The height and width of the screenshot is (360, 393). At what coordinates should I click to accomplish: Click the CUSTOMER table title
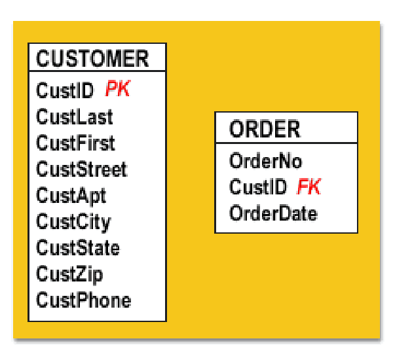tap(92, 59)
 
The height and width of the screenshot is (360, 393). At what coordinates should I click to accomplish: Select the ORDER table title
tap(265, 129)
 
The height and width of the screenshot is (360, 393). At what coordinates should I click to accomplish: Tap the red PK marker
tap(118, 88)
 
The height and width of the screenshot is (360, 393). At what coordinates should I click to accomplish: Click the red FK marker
tap(309, 187)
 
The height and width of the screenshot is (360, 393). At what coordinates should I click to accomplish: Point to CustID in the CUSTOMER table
tap(65, 90)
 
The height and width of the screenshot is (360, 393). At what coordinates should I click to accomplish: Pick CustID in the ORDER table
tap(258, 187)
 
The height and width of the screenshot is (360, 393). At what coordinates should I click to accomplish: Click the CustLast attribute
tap(75, 117)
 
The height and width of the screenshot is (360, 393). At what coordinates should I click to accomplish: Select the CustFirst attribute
tap(75, 143)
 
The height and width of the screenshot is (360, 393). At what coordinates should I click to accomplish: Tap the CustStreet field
tap(82, 169)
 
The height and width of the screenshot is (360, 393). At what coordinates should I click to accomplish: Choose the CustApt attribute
tap(71, 196)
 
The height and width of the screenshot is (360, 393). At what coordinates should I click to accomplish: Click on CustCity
tap(73, 223)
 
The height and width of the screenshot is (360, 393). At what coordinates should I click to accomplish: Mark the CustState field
tap(78, 247)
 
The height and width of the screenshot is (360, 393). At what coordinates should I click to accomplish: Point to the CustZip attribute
tap(69, 275)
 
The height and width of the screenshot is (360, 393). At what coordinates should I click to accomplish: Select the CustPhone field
tap(84, 300)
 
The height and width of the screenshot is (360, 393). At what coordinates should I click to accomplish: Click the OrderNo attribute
tap(266, 161)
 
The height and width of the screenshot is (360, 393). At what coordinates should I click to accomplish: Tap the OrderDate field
tap(273, 213)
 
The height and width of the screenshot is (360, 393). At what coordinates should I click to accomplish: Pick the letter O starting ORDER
tap(237, 129)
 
